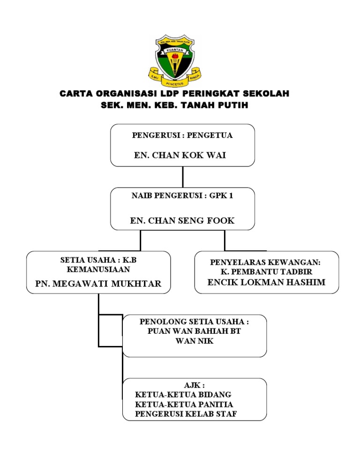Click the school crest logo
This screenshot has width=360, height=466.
pyautogui.click(x=175, y=60)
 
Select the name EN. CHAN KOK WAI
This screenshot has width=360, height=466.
pyautogui.click(x=180, y=155)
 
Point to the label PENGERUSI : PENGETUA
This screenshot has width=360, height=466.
pyautogui.click(x=182, y=135)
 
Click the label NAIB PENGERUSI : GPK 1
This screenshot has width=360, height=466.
pyautogui.click(x=182, y=195)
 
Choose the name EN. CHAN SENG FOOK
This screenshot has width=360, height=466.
pyautogui.click(x=182, y=220)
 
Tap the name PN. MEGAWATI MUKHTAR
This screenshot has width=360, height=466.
pyautogui.click(x=98, y=284)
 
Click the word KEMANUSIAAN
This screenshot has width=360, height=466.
pyautogui.click(x=98, y=270)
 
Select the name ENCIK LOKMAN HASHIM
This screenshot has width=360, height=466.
pyautogui.click(x=266, y=282)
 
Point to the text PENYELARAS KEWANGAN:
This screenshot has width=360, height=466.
pyautogui.click(x=265, y=263)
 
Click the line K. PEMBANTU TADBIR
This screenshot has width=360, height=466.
pyautogui.click(x=266, y=271)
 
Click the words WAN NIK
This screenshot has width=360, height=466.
pyautogui.click(x=195, y=341)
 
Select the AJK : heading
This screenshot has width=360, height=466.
pyautogui.click(x=195, y=385)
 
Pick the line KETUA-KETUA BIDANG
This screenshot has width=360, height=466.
pyautogui.click(x=183, y=395)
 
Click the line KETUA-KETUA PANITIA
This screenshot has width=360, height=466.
pyautogui.click(x=184, y=405)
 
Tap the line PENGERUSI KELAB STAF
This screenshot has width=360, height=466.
pyautogui.click(x=186, y=414)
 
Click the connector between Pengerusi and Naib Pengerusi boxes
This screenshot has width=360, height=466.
pyautogui.click(x=182, y=177)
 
